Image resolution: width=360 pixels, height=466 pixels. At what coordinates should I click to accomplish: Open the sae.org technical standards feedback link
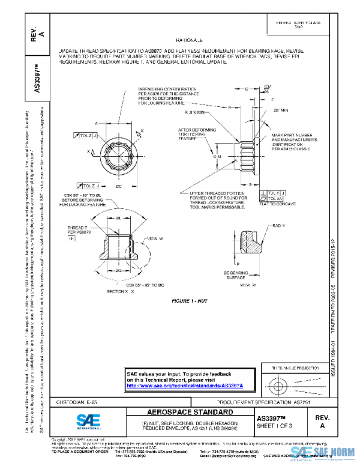pos(190,386)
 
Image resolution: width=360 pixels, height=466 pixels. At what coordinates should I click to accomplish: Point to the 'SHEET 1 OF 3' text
pos(275,426)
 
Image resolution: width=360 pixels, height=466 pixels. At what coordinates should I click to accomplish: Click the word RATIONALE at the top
pos(181,37)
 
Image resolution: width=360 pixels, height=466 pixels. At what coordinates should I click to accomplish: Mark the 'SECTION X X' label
pos(120,290)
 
